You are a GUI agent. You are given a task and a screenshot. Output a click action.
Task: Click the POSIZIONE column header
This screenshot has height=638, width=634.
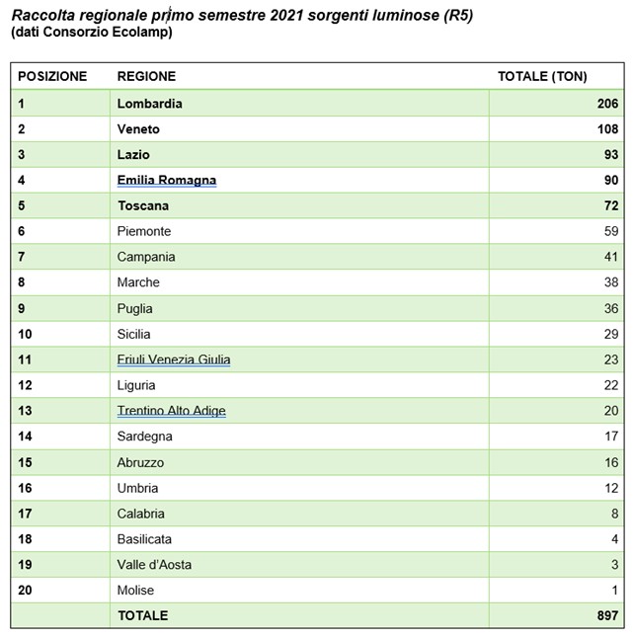click(x=52, y=76)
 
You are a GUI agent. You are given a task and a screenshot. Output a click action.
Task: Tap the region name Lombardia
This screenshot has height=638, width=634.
click(x=149, y=104)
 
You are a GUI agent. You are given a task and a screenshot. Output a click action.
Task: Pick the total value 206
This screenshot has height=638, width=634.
click(x=606, y=104)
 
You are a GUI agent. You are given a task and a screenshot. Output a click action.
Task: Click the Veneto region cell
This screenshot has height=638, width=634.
click(x=138, y=129)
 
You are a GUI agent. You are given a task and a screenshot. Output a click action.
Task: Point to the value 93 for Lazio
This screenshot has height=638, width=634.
click(x=611, y=155)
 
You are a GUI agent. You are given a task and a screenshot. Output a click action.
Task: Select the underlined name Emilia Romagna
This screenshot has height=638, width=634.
click(x=166, y=180)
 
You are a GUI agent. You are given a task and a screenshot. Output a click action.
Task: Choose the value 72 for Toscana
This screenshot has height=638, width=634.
click(x=611, y=205)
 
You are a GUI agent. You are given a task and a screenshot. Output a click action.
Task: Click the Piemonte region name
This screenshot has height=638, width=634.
click(x=144, y=231)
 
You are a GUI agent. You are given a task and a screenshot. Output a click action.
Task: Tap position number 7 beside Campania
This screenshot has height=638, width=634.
click(x=22, y=257)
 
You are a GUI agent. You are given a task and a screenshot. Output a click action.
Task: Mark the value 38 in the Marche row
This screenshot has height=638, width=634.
click(x=611, y=282)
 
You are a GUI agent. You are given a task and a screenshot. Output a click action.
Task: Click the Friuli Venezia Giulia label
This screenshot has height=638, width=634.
click(x=174, y=359)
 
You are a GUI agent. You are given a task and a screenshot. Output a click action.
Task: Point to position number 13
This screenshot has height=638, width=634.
click(x=26, y=411)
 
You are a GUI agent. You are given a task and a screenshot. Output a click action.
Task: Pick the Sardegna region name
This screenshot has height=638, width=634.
click(x=145, y=437)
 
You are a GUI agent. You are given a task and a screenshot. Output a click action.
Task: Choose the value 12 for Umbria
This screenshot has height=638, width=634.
click(x=611, y=488)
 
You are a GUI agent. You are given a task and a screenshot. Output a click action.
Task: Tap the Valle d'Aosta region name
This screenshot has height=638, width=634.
click(x=154, y=565)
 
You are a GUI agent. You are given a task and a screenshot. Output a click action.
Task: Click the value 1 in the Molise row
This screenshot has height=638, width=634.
click(x=615, y=591)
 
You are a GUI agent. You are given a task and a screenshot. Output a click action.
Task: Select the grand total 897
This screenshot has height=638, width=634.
click(x=606, y=616)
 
